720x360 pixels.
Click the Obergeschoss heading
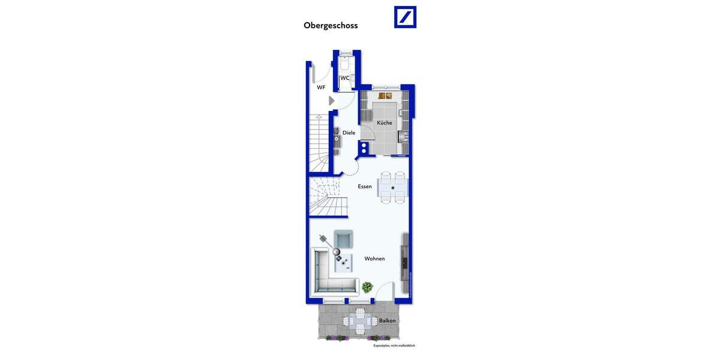tap(331, 26)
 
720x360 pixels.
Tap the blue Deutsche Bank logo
tap(405, 17)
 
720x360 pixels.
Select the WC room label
tap(344, 78)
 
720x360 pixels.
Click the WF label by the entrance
tap(321, 88)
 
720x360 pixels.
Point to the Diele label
tap(349, 133)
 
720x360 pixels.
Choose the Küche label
tap(384, 123)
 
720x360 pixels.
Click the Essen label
tap(365, 187)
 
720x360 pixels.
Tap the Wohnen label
tap(374, 259)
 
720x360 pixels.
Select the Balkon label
tap(387, 320)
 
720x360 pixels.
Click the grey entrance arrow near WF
tap(331, 101)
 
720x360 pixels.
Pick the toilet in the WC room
tap(346, 64)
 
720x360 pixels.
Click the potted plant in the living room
tap(367, 287)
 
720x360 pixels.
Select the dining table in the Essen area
tap(393, 187)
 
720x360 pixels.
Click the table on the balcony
tap(359, 322)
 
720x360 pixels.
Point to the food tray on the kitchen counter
tap(385, 95)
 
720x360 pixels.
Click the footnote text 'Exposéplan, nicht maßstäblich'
tap(394, 346)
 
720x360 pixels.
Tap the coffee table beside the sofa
tap(344, 263)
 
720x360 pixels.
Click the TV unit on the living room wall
tap(406, 261)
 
